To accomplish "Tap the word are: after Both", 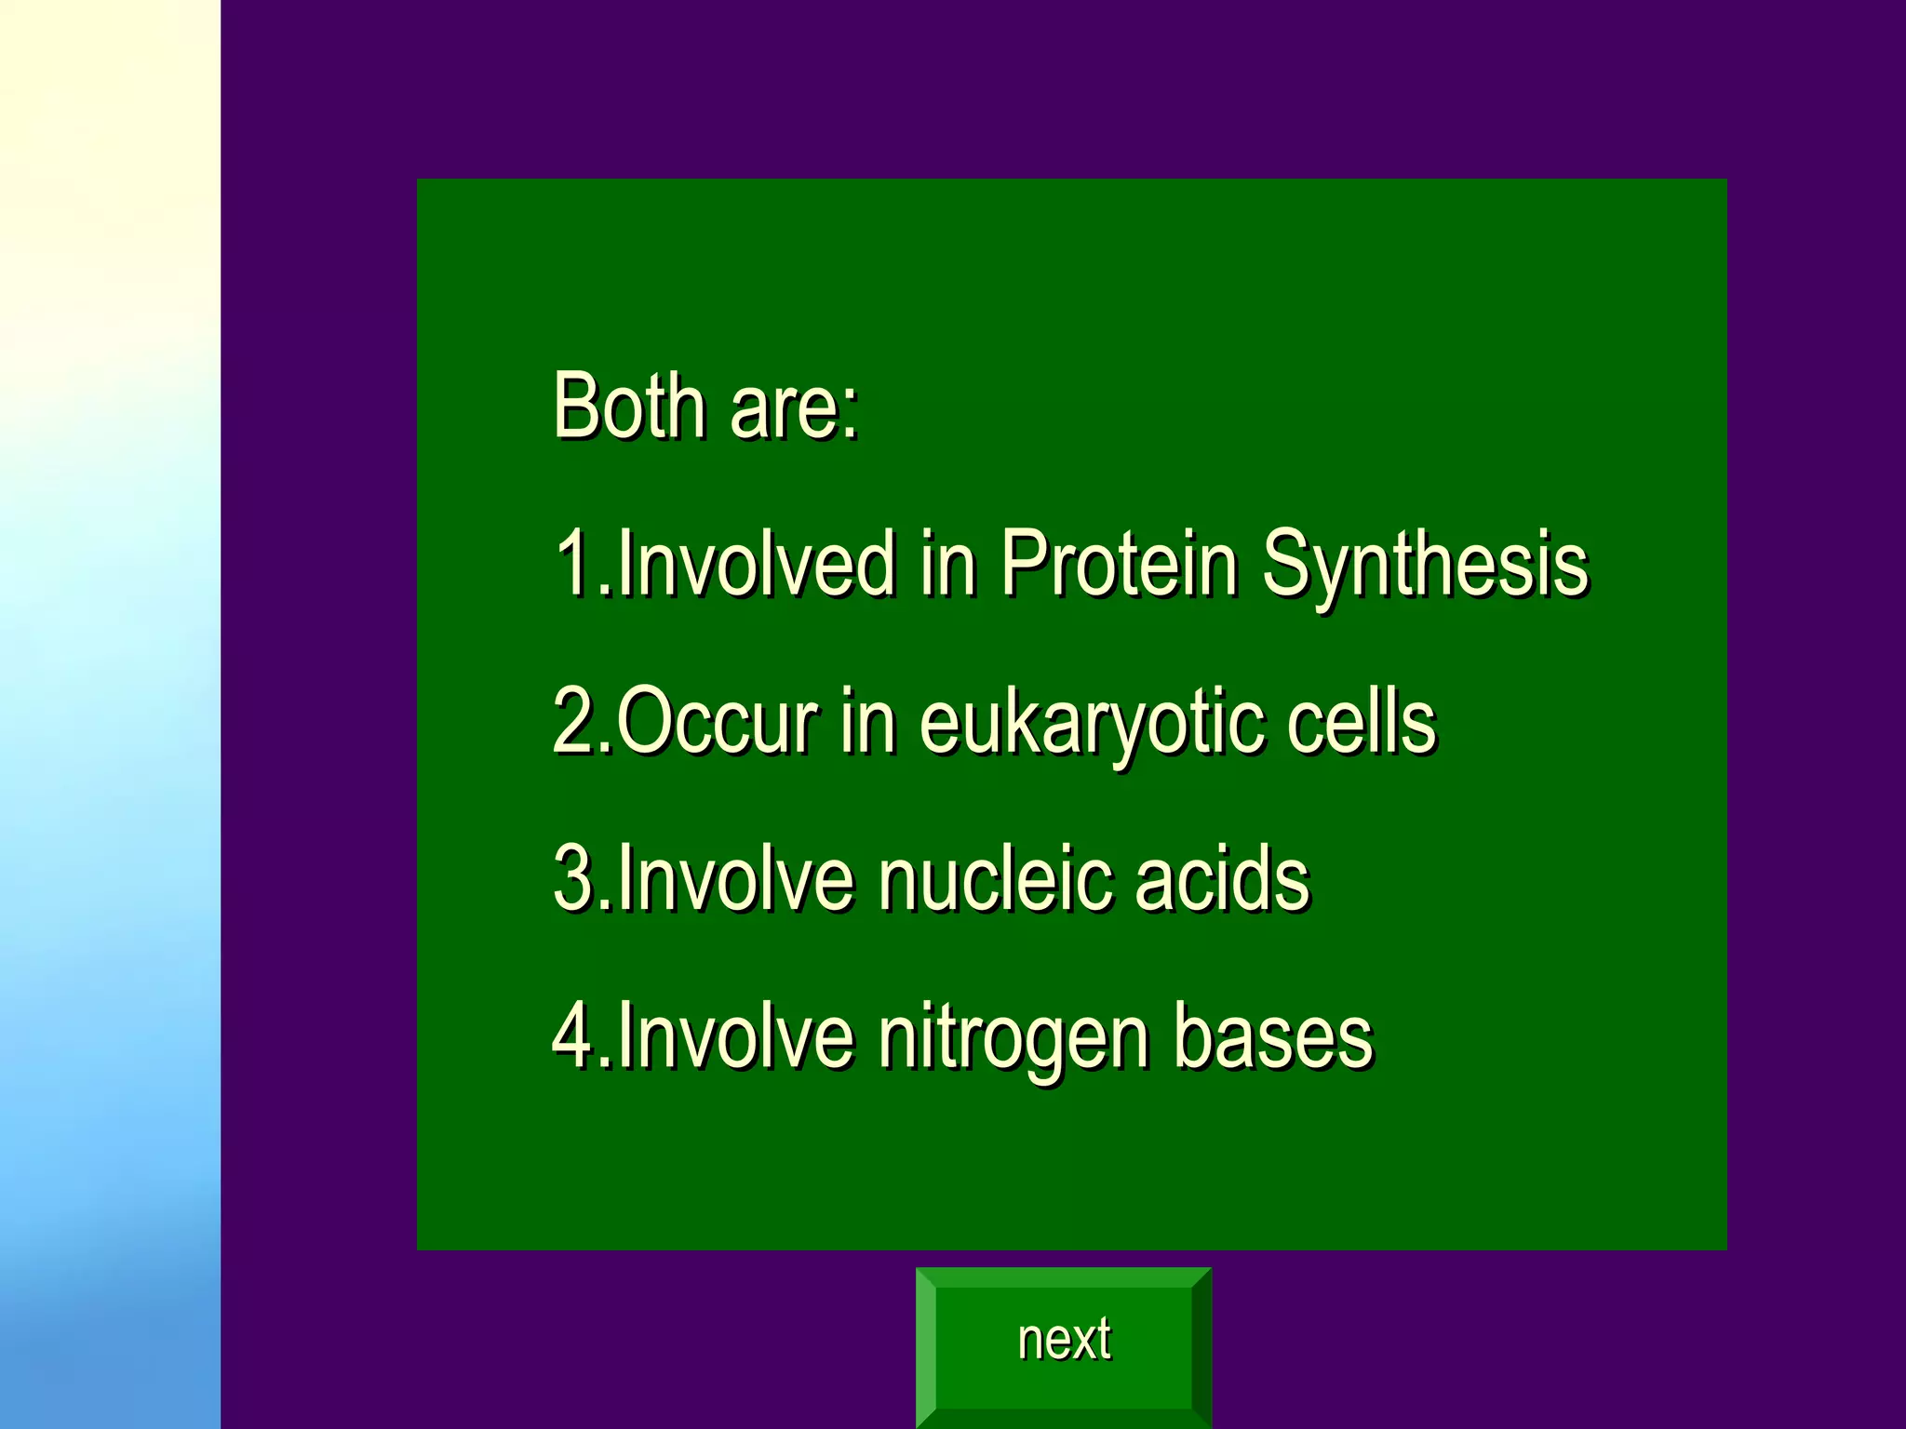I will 794,409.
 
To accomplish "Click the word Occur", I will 718,722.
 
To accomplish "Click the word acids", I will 1221,878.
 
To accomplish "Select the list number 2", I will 571,722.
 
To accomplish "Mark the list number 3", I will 571,878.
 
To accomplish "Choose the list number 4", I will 571,1036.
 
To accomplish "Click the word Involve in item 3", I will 735,878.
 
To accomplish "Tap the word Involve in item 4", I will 735,1036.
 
